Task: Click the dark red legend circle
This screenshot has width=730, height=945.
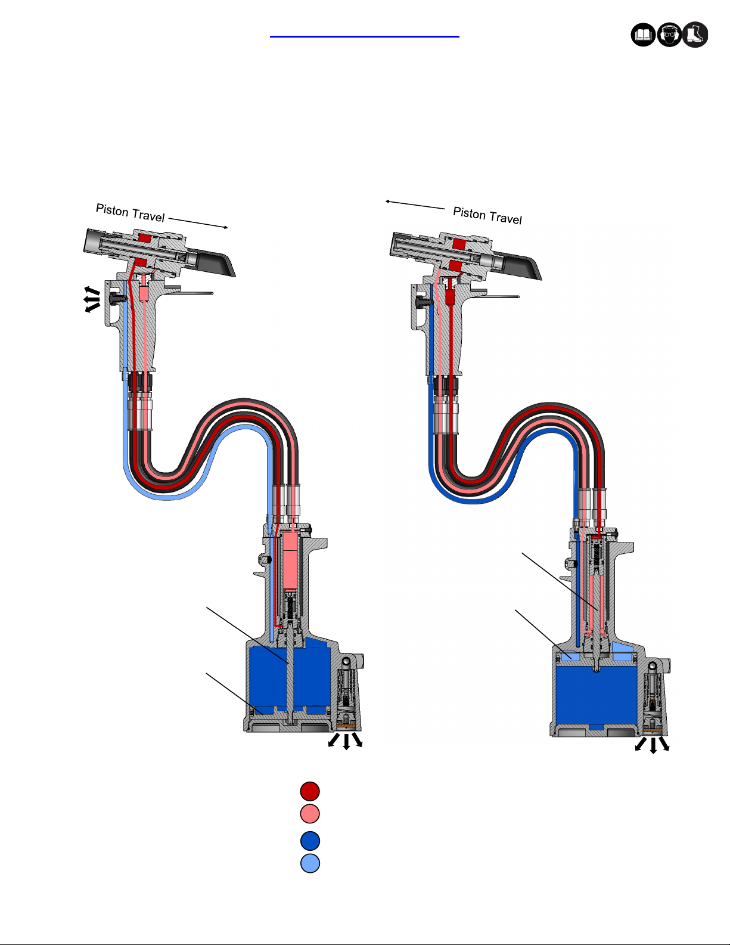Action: click(x=310, y=791)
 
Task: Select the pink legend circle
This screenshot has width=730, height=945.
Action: click(x=310, y=814)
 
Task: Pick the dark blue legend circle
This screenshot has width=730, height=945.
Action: click(x=310, y=841)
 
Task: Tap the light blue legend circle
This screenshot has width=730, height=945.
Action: click(x=310, y=863)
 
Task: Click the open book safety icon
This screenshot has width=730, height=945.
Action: click(x=643, y=35)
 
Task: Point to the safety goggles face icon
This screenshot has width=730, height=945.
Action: click(x=669, y=35)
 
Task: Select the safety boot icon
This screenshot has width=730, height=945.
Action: click(x=695, y=35)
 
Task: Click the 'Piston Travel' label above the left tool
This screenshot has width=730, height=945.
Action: click(x=131, y=213)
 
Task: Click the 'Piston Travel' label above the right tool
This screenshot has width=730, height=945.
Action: click(x=487, y=215)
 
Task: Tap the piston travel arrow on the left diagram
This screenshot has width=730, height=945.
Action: click(x=198, y=222)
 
